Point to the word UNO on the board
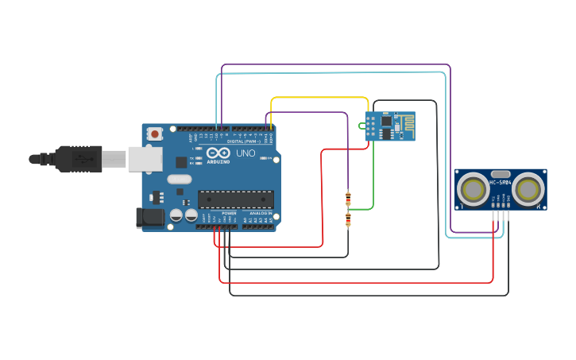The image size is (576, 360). [x=245, y=153]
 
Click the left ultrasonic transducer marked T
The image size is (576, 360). [x=474, y=189]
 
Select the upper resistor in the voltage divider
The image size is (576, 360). [x=348, y=199]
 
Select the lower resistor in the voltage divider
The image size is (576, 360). [x=348, y=220]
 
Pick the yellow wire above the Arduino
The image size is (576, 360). [x=318, y=99]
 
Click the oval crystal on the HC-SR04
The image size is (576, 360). [x=501, y=174]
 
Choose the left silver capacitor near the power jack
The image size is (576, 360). [x=176, y=215]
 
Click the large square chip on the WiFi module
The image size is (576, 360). [x=387, y=123]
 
